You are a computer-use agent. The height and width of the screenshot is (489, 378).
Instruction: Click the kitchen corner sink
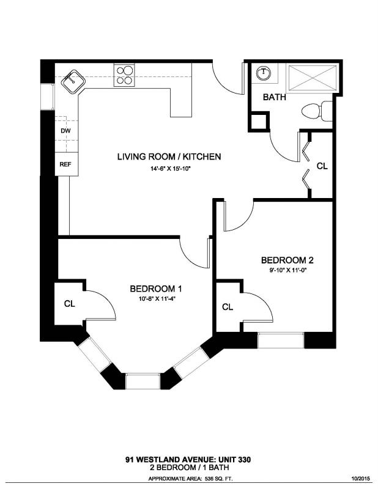tap(73, 82)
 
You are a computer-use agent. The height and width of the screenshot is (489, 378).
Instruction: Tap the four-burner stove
tap(124, 75)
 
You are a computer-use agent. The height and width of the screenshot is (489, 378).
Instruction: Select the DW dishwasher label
tap(65, 131)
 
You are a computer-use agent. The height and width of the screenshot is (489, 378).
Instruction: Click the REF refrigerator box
tap(67, 164)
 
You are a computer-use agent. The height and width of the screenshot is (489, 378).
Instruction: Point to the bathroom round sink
tap(264, 73)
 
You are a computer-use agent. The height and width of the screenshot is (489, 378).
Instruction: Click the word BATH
tap(275, 97)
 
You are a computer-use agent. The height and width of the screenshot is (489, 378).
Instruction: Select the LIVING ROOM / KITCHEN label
tap(169, 156)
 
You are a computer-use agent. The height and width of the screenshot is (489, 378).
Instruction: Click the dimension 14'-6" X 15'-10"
tap(169, 169)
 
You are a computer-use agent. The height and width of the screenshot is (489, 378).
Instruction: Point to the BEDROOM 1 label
tap(156, 289)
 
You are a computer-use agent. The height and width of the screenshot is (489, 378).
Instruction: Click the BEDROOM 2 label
tap(287, 260)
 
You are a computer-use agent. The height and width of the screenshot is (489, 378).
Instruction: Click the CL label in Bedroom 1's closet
tap(69, 303)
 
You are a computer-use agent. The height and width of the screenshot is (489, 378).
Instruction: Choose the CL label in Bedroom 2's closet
tap(228, 307)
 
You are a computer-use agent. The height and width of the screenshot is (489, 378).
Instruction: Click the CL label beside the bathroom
tap(322, 166)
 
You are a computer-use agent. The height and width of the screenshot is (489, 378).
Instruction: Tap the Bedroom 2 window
tap(281, 340)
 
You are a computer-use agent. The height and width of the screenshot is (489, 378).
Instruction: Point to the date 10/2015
tap(361, 479)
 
